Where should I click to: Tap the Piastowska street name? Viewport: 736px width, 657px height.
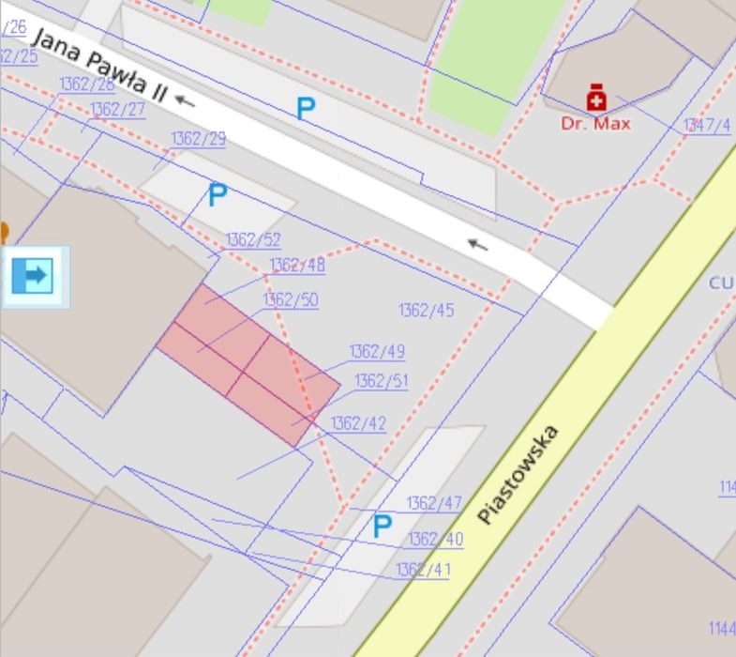518,474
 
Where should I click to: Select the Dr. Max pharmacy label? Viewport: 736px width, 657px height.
595,124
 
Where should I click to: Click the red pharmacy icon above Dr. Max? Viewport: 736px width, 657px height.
595,98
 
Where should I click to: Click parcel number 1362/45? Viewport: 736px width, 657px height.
426,311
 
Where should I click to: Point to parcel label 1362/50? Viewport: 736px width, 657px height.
291,300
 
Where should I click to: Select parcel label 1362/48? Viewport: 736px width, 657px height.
297,266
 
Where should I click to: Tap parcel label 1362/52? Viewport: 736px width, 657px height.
253,240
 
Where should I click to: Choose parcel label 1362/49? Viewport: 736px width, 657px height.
377,352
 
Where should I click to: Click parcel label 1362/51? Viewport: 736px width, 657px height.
382,381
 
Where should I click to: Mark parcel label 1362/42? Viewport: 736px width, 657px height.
358,424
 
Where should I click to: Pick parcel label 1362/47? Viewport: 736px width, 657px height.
434,504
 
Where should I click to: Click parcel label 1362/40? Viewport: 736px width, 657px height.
435,540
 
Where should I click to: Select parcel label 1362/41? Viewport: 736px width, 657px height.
423,570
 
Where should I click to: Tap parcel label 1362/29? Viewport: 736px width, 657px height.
198,139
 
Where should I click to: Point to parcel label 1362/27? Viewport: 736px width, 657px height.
117,110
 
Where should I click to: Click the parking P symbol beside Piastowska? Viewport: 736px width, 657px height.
381,527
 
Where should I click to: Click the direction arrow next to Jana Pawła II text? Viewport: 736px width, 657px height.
185,99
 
